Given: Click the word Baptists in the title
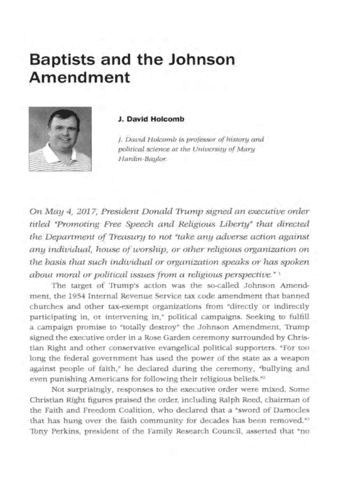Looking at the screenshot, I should click(59, 61).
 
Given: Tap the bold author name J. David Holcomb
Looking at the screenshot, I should click(151, 119).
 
